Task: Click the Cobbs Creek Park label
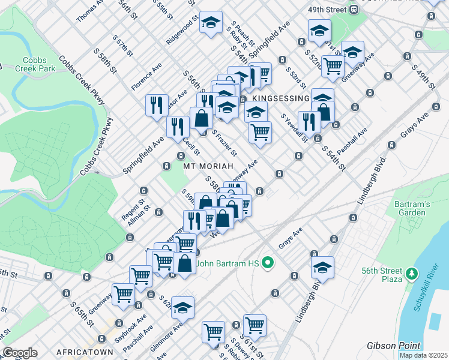coord(38,64)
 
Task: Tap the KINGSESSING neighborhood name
coord(280,98)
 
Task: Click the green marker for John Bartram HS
coord(269,263)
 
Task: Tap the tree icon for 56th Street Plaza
coord(411,274)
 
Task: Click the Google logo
coord(20,352)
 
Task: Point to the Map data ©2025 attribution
coord(423,355)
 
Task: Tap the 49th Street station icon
coord(355,10)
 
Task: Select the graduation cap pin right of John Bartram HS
coord(322,269)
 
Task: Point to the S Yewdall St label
coord(294,128)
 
